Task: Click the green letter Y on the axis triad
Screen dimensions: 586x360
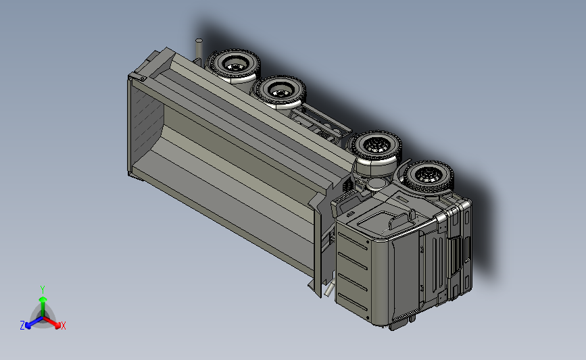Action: [x=43, y=290]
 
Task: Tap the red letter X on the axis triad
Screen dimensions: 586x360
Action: [x=63, y=326]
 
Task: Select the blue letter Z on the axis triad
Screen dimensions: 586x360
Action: [x=22, y=326]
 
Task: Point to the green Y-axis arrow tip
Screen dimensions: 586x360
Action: [x=43, y=299]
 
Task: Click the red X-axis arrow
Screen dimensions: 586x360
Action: [x=51, y=322]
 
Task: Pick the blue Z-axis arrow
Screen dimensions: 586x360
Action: [x=34, y=322]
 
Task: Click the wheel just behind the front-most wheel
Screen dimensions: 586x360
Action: [x=376, y=147]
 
